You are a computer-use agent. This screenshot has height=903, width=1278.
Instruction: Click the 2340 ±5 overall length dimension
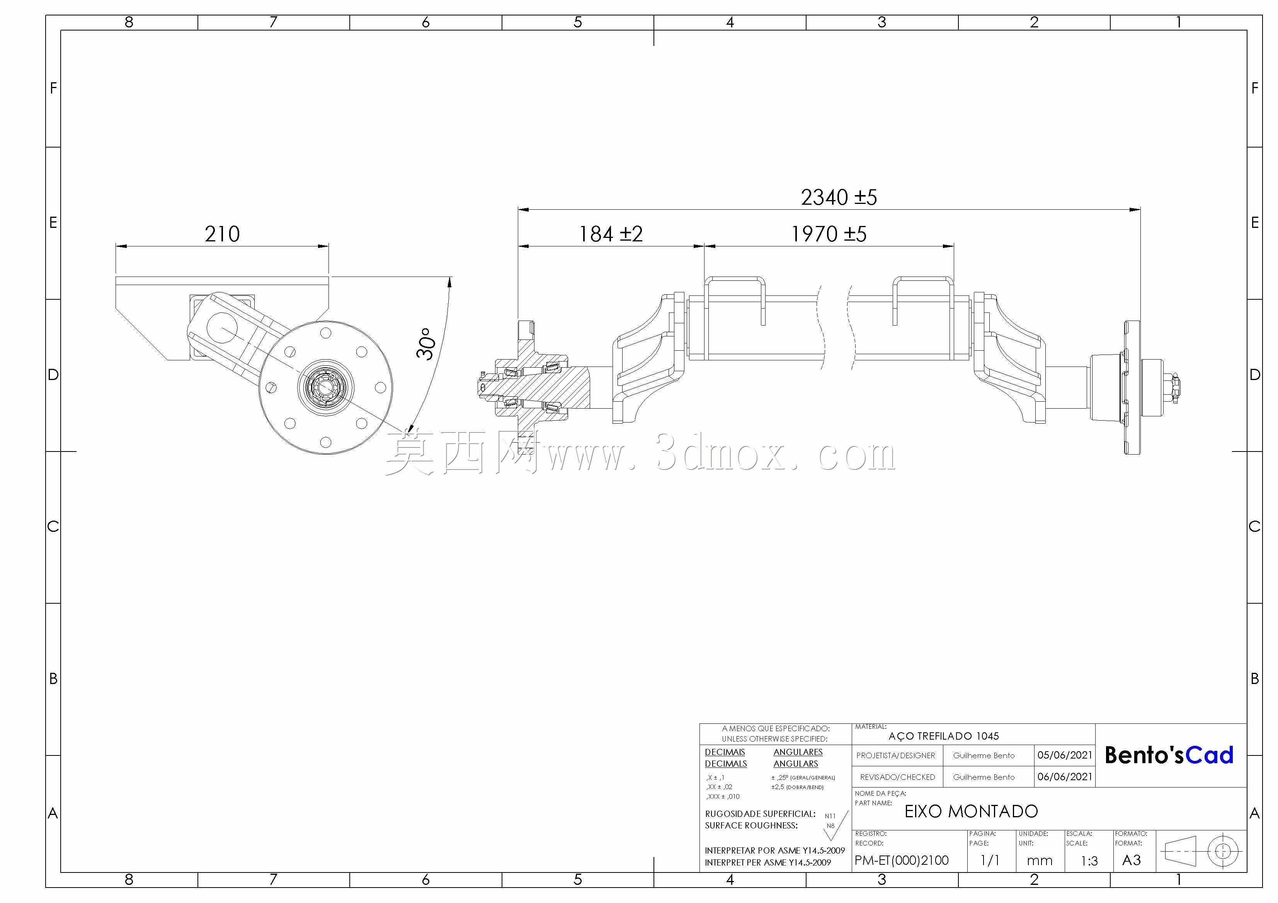pos(839,197)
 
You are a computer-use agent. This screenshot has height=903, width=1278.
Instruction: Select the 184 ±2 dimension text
pos(611,234)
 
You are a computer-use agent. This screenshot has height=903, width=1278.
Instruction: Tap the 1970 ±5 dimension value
pos(829,234)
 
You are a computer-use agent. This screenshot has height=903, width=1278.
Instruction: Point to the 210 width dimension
pos(222,234)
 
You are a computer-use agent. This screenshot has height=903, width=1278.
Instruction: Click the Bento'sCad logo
pos(1169,755)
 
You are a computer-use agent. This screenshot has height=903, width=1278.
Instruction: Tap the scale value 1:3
pos(1089,861)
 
